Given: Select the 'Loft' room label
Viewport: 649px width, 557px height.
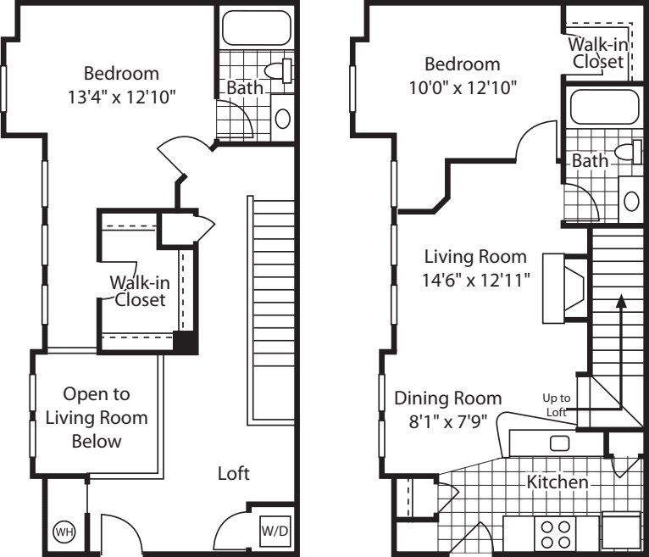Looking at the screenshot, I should (233, 474).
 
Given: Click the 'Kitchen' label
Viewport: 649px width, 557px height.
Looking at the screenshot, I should (557, 482).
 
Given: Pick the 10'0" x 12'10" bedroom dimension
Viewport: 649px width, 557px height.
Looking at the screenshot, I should (462, 86).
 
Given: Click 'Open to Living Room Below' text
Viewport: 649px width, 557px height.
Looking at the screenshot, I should (96, 417).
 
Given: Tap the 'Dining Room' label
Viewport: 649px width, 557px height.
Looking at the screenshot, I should (447, 398).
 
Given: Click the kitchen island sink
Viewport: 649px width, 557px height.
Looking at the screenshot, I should (559, 442).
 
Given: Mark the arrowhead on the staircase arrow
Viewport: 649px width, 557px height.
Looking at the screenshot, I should (622, 299).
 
